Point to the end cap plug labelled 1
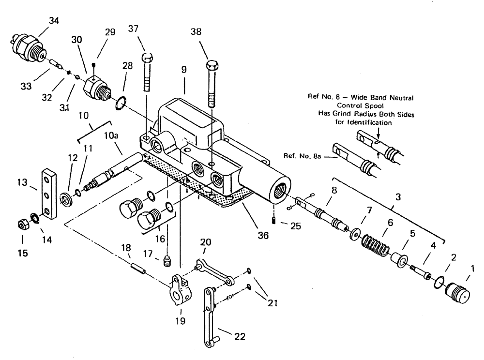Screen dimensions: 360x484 [458, 293]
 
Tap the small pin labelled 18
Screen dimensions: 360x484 [139, 267]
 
